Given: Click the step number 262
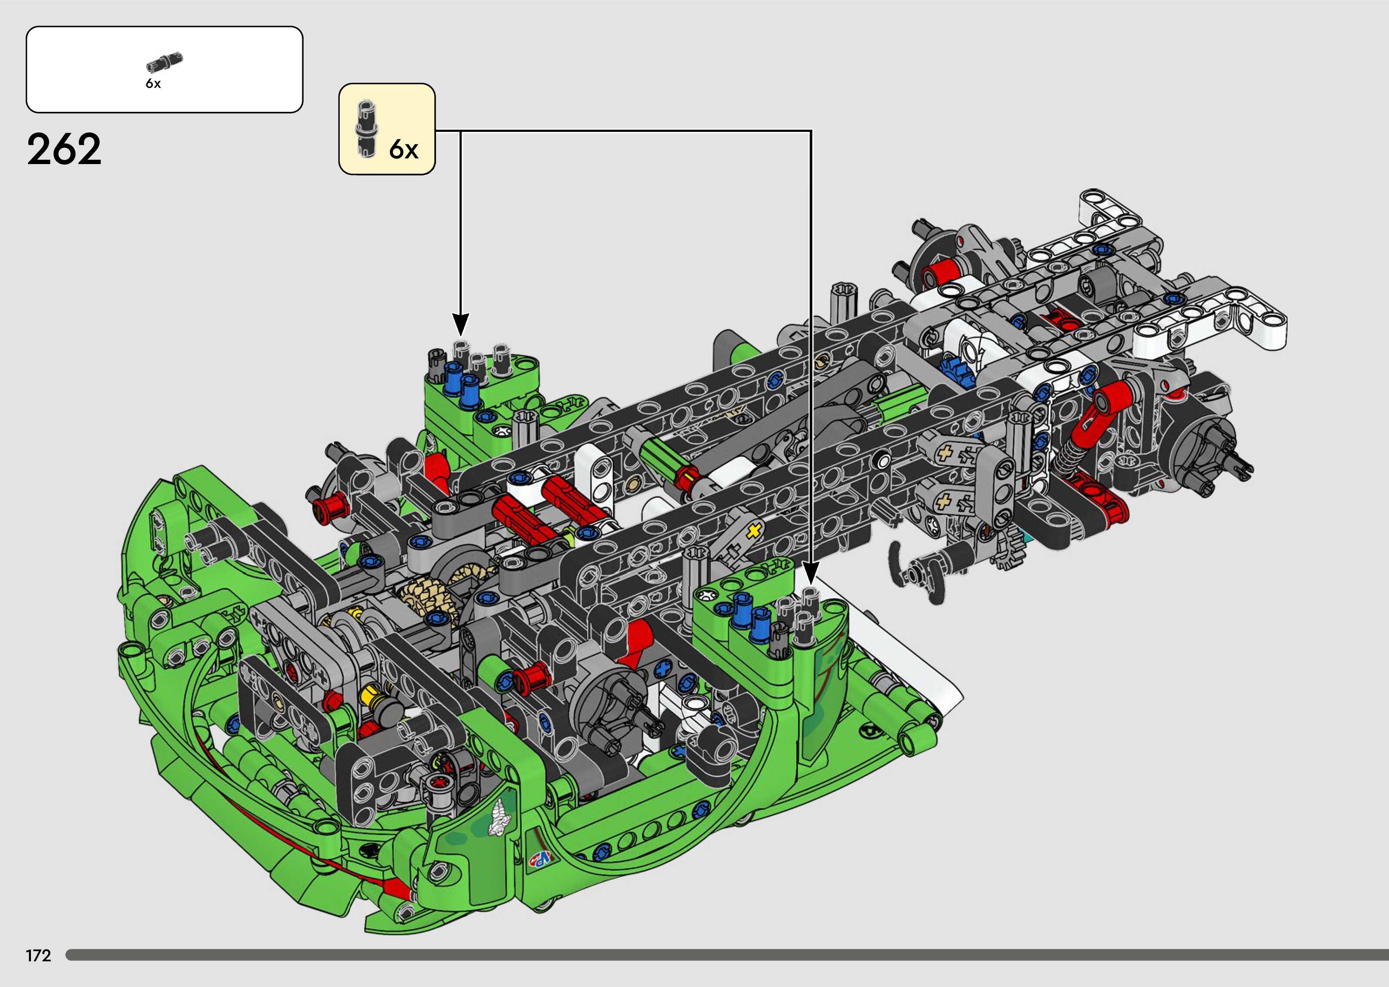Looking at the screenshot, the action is [x=64, y=150].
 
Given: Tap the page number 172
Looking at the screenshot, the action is [x=38, y=955].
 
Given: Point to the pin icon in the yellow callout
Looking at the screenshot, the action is [x=367, y=129].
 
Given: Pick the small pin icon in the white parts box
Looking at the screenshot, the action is [x=164, y=62].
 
